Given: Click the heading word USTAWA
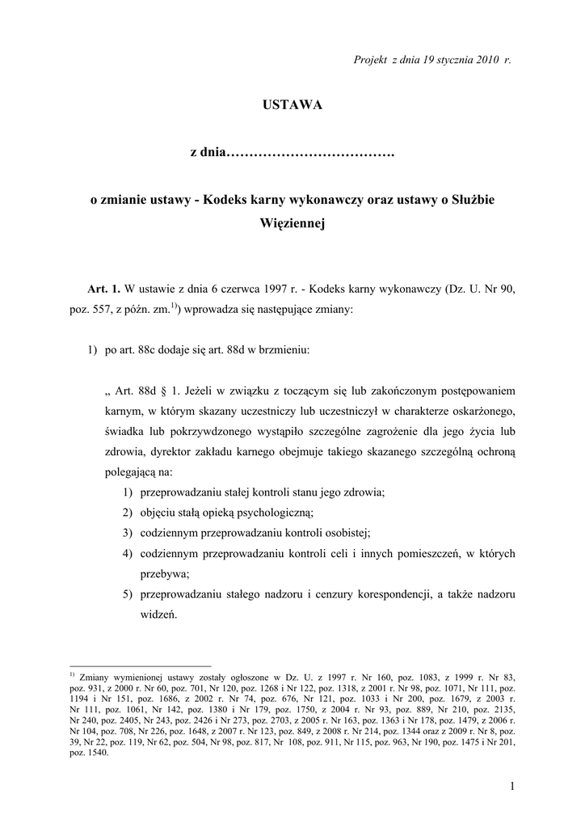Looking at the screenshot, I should pos(292,106).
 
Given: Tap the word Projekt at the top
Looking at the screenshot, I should pos(371,61).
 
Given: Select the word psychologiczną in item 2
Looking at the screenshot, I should pos(271,512).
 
